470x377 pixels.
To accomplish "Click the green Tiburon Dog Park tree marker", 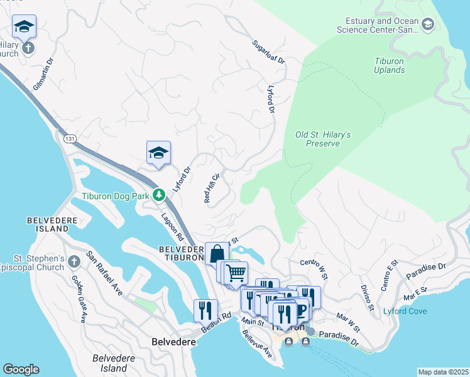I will tap(160, 195).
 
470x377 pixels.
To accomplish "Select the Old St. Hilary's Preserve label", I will tap(323, 139).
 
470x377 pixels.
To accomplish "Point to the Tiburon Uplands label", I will tap(389, 65).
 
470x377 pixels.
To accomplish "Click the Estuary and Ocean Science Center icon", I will tap(428, 25).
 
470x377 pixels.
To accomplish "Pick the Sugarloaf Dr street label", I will tap(269, 52).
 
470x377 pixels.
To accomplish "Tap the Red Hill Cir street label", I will tap(211, 188).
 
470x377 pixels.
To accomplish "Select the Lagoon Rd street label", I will tap(172, 228).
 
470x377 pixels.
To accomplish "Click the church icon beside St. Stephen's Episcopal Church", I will tap(74, 261).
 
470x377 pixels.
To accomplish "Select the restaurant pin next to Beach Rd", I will tap(205, 310).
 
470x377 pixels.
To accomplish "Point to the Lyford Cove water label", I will tap(406, 311).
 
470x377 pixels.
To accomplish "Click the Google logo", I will tap(21, 369).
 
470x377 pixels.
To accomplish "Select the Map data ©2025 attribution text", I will tap(443, 372).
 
